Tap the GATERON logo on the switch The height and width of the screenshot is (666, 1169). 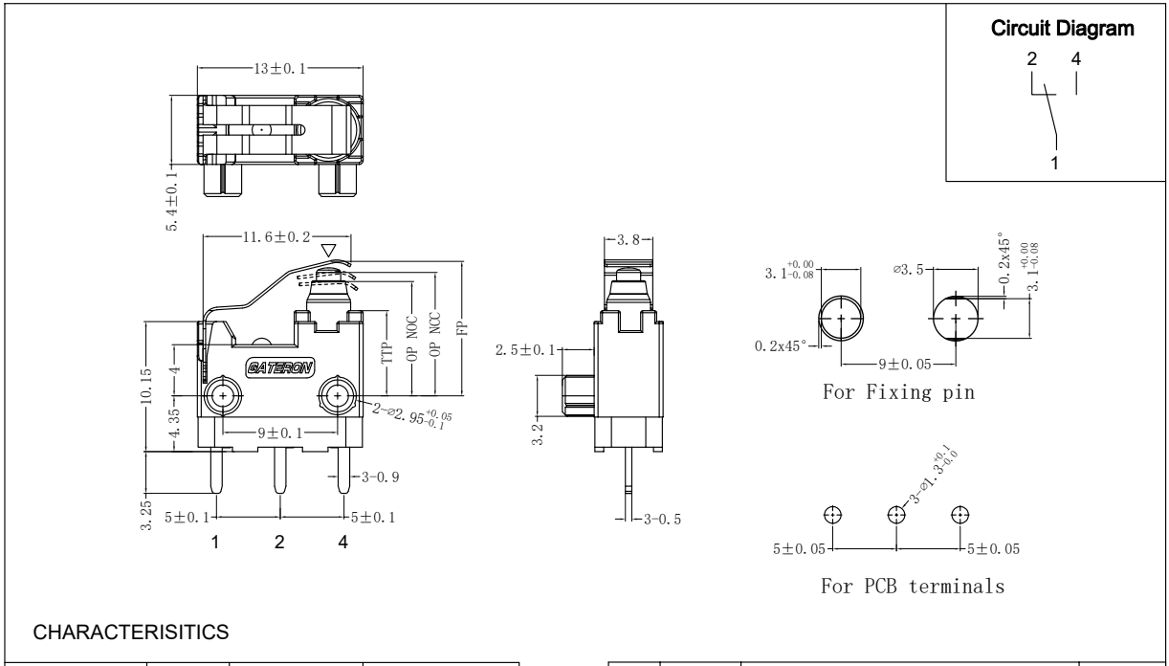278,368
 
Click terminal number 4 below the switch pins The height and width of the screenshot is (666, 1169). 342,544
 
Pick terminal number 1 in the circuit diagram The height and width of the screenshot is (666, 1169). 1053,164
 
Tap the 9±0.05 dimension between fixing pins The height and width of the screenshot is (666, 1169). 899,364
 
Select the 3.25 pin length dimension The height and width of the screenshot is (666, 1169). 146,503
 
